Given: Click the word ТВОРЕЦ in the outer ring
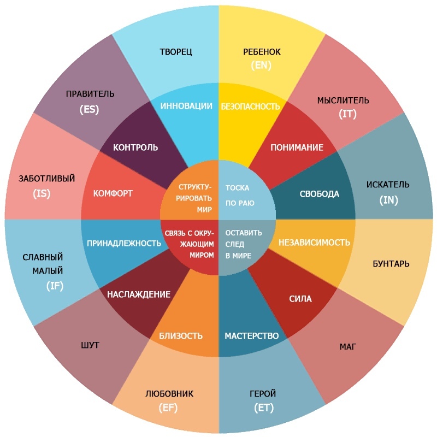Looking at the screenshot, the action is tap(175, 52).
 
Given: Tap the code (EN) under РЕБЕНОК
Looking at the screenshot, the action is tap(261, 65).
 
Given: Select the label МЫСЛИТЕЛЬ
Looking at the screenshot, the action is tap(343, 101).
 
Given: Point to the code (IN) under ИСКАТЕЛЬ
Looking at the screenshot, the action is tap(388, 200).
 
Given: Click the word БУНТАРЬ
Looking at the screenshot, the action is tap(391, 264).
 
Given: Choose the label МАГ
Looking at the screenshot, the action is tap(348, 347).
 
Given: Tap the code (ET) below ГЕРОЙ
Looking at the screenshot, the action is tap(264, 408).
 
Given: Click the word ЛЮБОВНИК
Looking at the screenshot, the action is tap(169, 393).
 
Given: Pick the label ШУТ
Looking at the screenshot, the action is tap(90, 345).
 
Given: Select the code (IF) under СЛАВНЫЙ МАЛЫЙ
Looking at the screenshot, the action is tap(55, 286).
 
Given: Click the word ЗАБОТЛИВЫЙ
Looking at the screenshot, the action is tap(47, 179).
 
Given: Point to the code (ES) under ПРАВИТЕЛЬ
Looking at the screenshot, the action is tap(89, 109).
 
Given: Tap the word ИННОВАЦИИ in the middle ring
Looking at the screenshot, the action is tap(186, 106).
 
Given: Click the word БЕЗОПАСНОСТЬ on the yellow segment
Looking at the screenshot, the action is tap(250, 107).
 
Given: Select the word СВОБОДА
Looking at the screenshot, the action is tap(320, 194).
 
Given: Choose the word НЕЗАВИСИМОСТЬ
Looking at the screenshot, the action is tap(315, 243).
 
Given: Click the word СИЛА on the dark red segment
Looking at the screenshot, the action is tap(300, 299).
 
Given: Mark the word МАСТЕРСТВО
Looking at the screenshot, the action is tap(252, 336).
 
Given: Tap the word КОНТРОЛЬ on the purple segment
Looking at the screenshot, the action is tap(135, 147).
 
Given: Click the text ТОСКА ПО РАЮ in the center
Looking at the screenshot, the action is tap(240, 196).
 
